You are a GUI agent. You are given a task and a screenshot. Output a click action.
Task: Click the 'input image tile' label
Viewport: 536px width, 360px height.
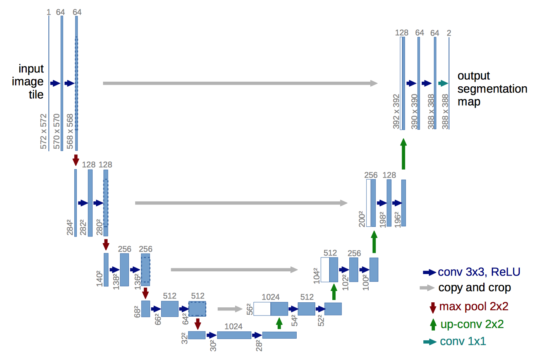pyautogui.click(x=28, y=81)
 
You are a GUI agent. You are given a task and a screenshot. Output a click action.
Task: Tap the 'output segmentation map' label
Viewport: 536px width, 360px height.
pyautogui.click(x=492, y=89)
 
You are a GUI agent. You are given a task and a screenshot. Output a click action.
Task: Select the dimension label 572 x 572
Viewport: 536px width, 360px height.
pyautogui.click(x=43, y=131)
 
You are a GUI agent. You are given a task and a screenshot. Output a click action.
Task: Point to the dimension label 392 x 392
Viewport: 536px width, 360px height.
pyautogui.click(x=396, y=111)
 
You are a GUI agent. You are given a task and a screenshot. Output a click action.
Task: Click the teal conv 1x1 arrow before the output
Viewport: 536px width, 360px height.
pyautogui.click(x=443, y=83)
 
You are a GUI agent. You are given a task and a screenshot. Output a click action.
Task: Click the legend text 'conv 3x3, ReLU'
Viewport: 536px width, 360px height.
pyautogui.click(x=479, y=272)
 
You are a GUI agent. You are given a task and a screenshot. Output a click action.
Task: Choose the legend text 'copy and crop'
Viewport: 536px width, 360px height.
pyautogui.click(x=474, y=288)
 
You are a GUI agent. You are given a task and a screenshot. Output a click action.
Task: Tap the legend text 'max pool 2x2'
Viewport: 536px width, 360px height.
pyautogui.click(x=474, y=307)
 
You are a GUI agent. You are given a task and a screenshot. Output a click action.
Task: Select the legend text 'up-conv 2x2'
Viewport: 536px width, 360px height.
pyautogui.click(x=472, y=324)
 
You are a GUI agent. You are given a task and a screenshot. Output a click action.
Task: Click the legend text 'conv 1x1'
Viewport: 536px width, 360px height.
pyautogui.click(x=463, y=341)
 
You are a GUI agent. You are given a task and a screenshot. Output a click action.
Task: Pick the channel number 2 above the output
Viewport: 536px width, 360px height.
pyautogui.click(x=449, y=33)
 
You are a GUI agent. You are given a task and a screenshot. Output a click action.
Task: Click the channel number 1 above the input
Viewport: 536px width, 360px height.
pyautogui.click(x=48, y=12)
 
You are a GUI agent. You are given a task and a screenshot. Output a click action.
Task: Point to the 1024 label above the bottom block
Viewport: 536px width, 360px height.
pyautogui.click(x=234, y=326)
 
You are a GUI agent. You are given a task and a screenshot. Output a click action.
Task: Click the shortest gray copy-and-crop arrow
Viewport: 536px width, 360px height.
pyautogui.click(x=230, y=309)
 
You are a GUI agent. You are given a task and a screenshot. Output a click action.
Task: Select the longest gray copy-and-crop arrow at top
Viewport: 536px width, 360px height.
pyautogui.click(x=240, y=83)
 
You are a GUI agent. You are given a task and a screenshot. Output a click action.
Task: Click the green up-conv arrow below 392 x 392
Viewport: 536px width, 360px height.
pyautogui.click(x=403, y=154)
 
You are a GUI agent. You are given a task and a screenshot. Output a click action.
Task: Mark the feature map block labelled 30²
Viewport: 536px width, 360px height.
pyautogui.click(x=234, y=335)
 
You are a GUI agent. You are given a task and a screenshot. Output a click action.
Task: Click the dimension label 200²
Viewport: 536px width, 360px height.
pyautogui.click(x=362, y=219)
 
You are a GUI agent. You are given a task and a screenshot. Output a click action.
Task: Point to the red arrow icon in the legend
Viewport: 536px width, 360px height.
pyautogui.click(x=433, y=307)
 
